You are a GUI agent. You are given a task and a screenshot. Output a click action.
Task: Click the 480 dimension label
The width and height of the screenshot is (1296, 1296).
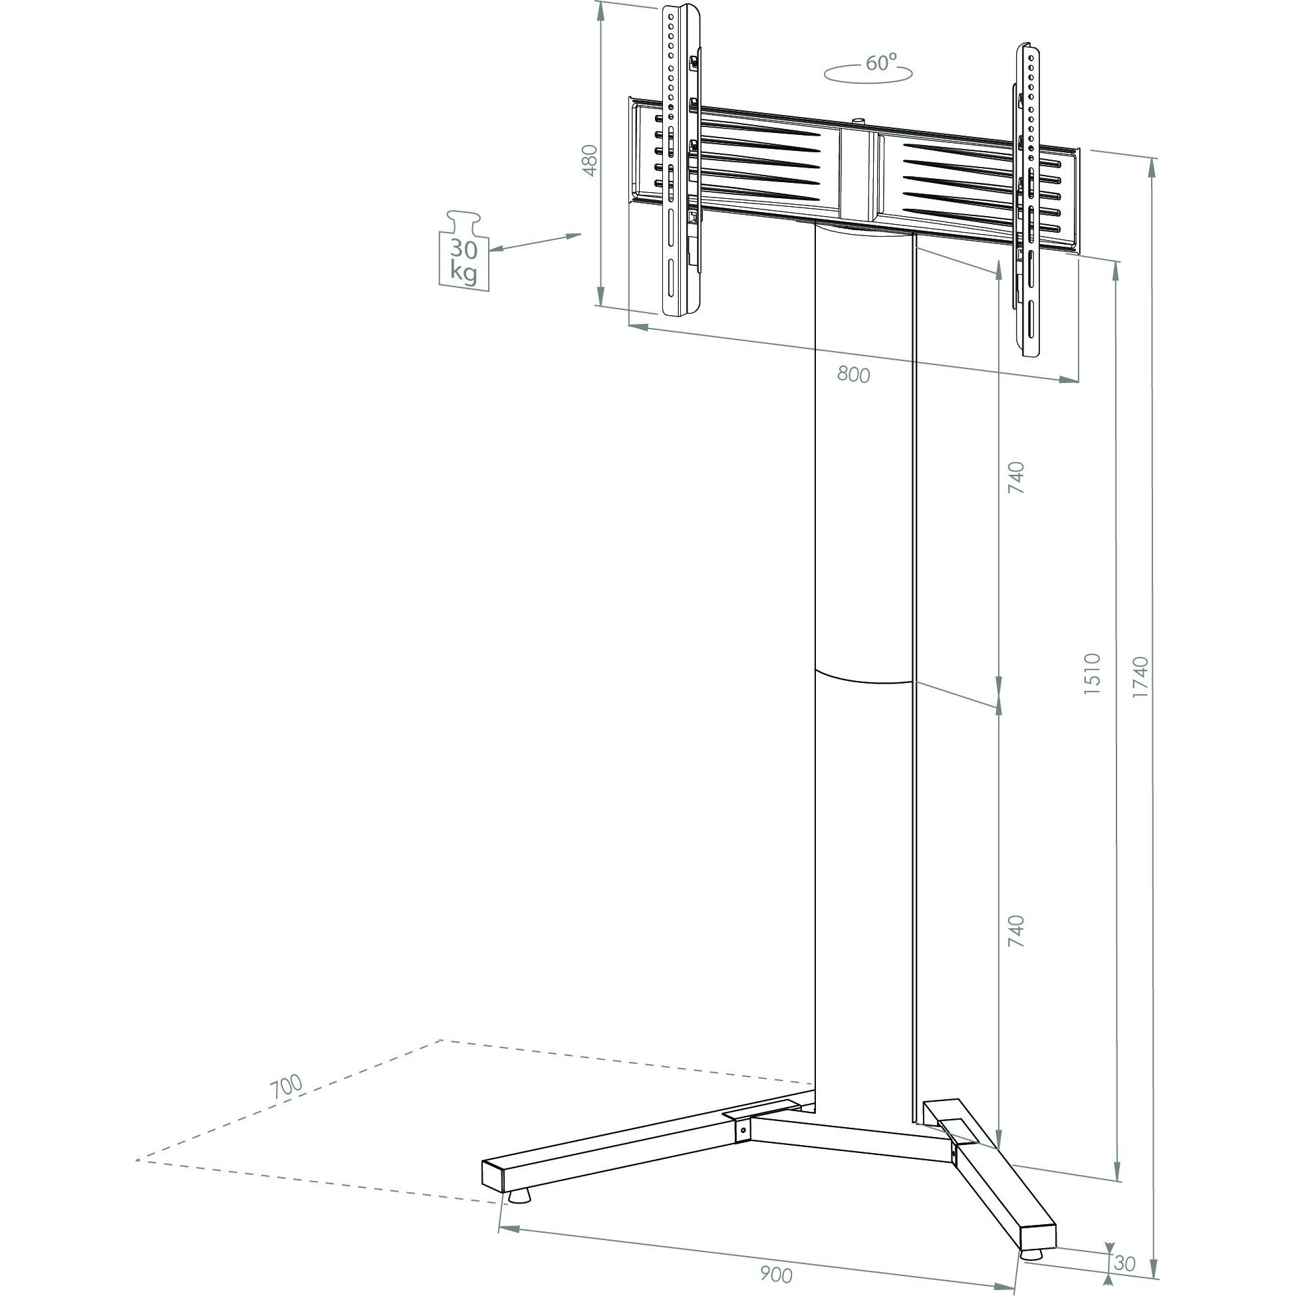[x=590, y=160]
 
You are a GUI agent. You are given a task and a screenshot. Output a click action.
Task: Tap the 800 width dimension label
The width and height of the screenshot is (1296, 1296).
[x=853, y=375]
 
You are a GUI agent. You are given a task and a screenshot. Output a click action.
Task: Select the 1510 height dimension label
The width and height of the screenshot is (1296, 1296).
[x=1093, y=673]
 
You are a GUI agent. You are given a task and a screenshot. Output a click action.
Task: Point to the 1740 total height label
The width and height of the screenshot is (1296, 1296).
[x=1140, y=677]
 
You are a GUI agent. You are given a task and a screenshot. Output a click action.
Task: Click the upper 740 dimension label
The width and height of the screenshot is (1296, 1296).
[x=1017, y=477]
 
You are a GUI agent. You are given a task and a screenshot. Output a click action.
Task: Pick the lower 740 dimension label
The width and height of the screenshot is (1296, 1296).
[x=1017, y=930]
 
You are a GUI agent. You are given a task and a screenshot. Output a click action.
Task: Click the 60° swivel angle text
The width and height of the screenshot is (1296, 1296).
[x=882, y=63]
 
